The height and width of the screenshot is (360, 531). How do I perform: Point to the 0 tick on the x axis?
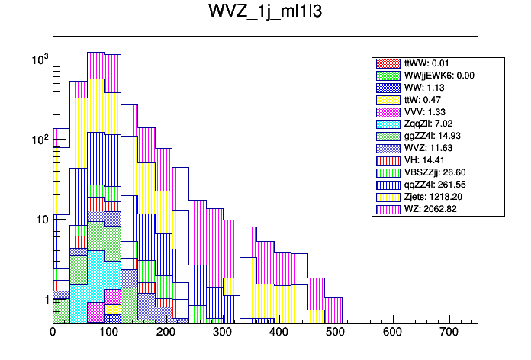click(x=53, y=332)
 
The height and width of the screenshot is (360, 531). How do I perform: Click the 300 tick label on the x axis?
click(x=223, y=332)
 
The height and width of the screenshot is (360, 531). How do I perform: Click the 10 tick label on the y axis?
click(x=40, y=220)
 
